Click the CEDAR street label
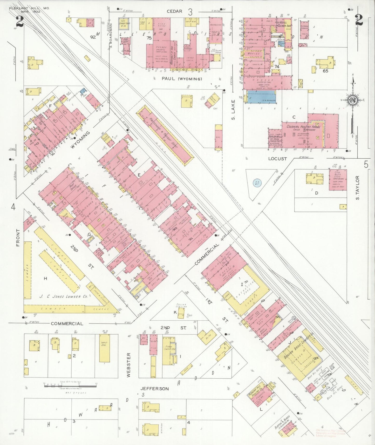(x=174, y=11)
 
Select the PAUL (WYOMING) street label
(x=182, y=78)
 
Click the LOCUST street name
(x=277, y=158)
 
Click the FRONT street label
(x=18, y=237)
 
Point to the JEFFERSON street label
(x=155, y=389)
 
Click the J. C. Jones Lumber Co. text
(x=60, y=296)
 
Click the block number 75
(x=149, y=38)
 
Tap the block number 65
(x=325, y=71)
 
